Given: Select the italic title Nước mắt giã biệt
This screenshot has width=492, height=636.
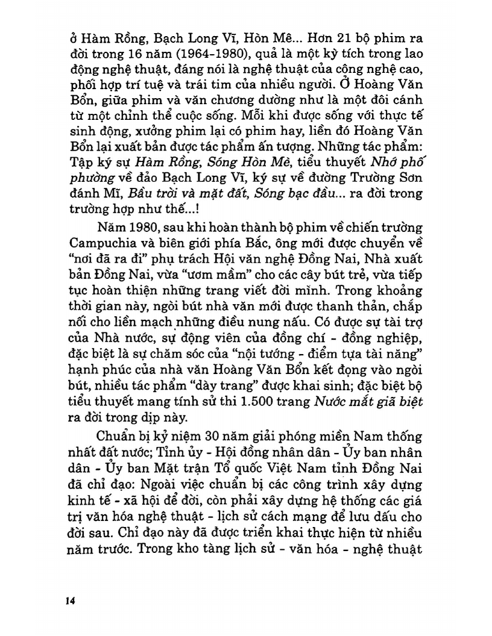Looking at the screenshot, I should (x=370, y=402).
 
